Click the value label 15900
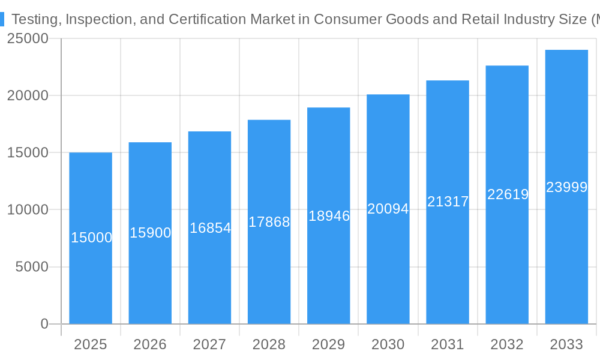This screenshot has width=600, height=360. click(151, 233)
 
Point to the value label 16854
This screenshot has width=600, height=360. click(210, 228)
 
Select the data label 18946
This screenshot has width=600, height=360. click(329, 216)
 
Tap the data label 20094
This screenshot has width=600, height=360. click(388, 209)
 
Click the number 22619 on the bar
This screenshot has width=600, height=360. click(508, 194)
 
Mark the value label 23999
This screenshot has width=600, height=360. click(566, 187)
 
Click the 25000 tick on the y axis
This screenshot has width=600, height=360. click(28, 38)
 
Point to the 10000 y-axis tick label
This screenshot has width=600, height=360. click(28, 210)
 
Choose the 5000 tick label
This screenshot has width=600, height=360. click(31, 267)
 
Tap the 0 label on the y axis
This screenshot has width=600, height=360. click(44, 324)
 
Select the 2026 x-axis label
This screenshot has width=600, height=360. click(150, 344)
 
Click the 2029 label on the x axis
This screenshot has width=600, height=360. click(329, 344)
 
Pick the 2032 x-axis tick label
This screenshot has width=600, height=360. click(507, 344)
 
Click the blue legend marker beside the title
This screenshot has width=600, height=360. click(2, 19)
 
